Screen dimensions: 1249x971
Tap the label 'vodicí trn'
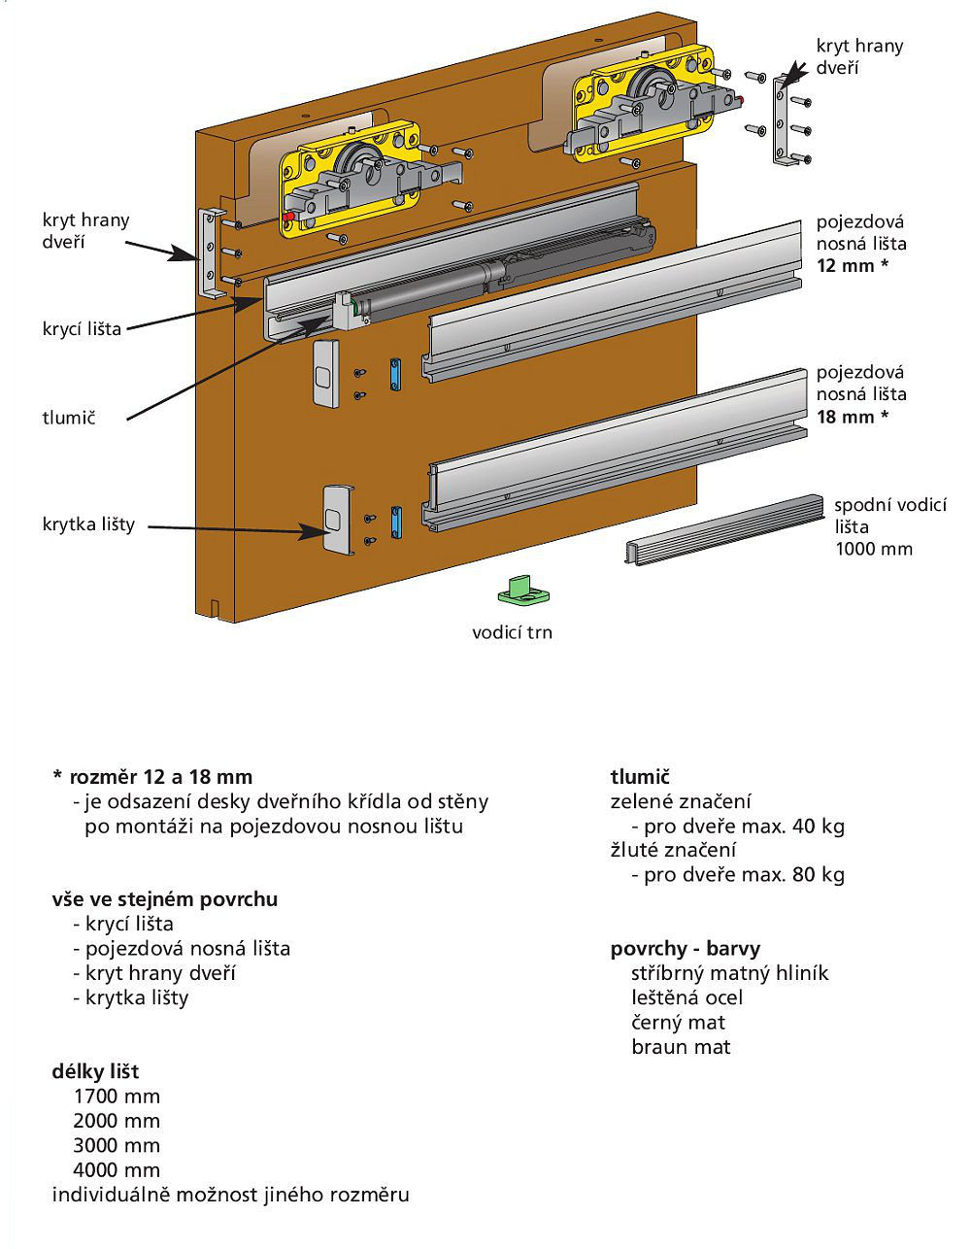coord(512,632)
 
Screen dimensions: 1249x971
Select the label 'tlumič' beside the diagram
coord(70,418)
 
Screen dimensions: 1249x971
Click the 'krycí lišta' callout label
coord(82,328)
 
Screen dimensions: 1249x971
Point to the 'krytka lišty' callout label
coord(88,524)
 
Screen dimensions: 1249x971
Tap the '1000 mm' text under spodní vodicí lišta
coord(874,549)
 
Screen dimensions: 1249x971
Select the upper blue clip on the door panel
coord(394,374)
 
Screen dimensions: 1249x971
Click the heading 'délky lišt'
coord(95,1071)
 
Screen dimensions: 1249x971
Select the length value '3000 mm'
coord(117,1145)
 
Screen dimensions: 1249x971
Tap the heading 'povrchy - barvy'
coord(686,948)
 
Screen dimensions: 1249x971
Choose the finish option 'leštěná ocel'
coord(686,997)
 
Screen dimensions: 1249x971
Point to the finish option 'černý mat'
coord(678,1022)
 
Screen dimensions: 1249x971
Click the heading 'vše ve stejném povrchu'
coord(165,898)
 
